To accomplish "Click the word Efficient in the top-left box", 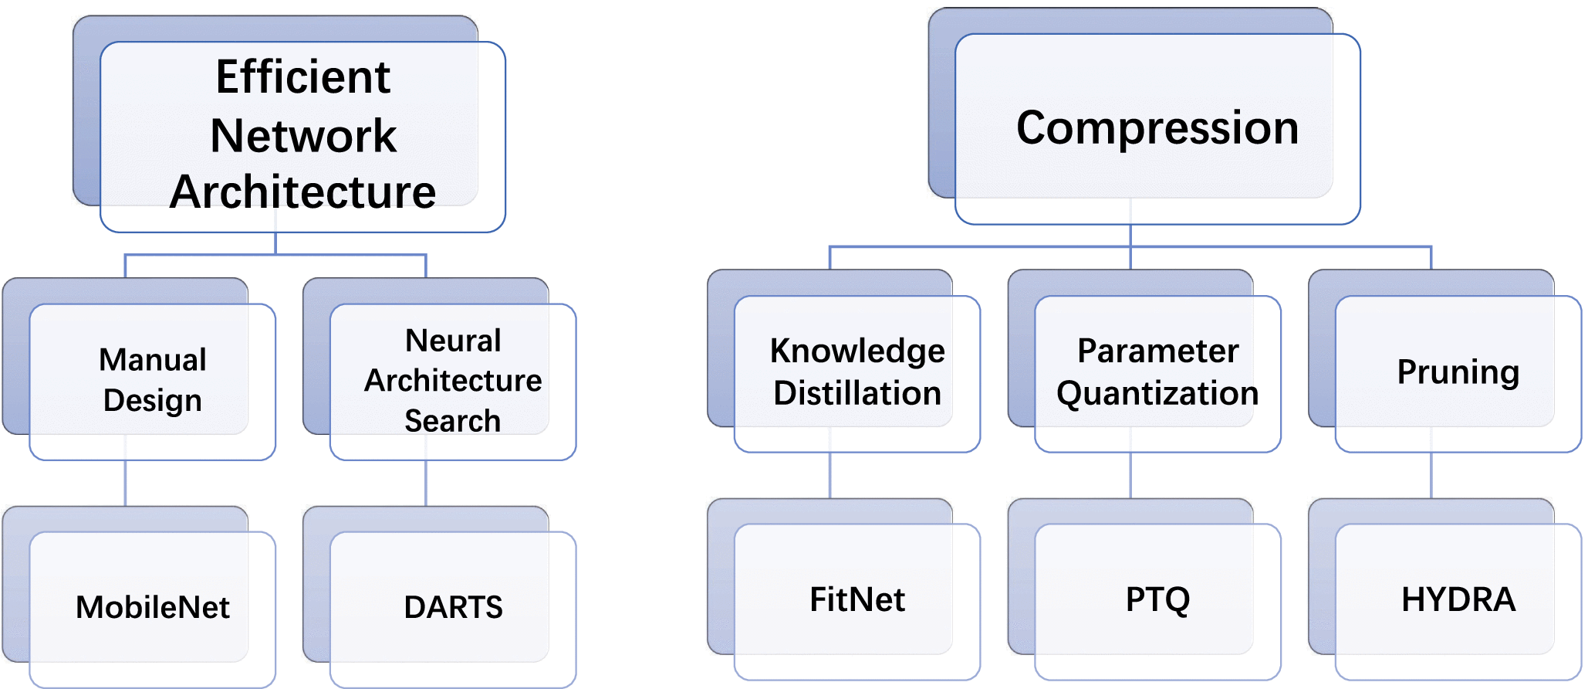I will tap(302, 77).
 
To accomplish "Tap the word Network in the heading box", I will tap(302, 136).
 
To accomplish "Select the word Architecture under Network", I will tap(302, 192).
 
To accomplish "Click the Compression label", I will tap(1157, 127).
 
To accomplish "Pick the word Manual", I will tap(153, 360).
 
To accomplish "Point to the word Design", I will tap(153, 401).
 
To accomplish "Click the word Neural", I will tap(453, 341).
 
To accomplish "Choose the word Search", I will tap(453, 421).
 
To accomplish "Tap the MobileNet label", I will tap(153, 607).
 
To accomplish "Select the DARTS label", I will tap(453, 607).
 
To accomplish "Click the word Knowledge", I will tap(857, 351).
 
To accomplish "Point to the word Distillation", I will tap(857, 393).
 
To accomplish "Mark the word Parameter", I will tap(1157, 351).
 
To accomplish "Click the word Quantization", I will tap(1157, 393).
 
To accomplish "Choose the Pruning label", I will tap(1458, 372).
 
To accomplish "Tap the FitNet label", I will tap(857, 599).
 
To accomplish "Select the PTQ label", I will tap(1157, 599).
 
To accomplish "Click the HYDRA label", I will tap(1458, 599).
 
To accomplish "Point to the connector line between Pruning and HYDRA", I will tap(1431, 476).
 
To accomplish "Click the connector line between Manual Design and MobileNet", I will tap(126, 484).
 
